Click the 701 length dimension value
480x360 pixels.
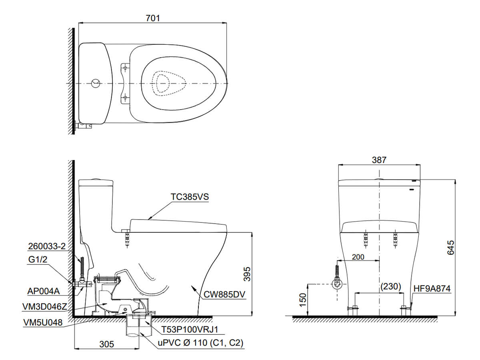tap(152, 18)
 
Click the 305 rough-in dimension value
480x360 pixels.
tap(107, 344)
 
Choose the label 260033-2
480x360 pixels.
tap(47, 246)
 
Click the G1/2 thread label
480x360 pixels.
tap(38, 260)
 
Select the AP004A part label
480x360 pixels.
tap(44, 291)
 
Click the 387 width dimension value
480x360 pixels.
tap(379, 160)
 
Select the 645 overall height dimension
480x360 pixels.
tap(451, 248)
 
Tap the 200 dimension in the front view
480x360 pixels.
tap(358, 257)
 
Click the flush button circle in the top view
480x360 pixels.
tap(96, 84)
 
